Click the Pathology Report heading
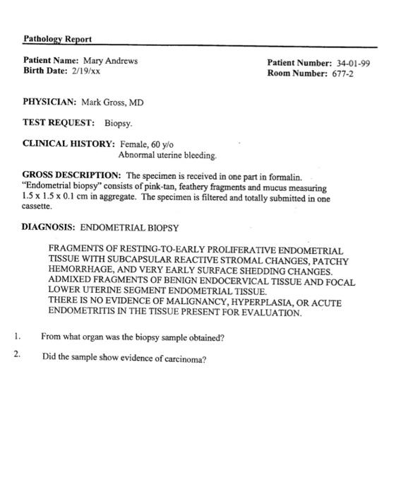(x=57, y=38)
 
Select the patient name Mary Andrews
(x=110, y=61)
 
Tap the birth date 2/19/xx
(x=84, y=71)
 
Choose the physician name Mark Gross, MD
(x=112, y=103)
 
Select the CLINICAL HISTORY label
(x=68, y=144)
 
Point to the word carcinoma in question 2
(x=184, y=359)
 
